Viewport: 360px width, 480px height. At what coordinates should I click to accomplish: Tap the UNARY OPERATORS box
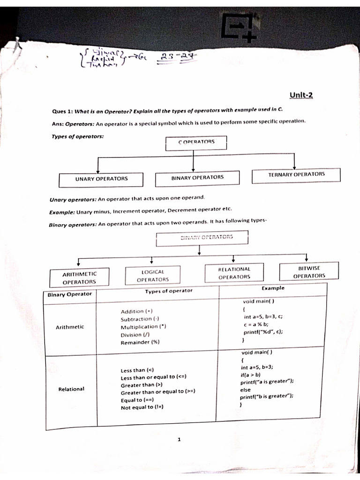click(101, 179)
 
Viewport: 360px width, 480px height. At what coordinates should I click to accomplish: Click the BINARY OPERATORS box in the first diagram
click(197, 177)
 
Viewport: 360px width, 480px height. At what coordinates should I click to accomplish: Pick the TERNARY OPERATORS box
click(296, 174)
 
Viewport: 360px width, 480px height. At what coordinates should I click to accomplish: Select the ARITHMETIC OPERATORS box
click(79, 277)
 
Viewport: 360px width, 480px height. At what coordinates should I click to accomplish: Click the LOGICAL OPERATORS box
click(152, 276)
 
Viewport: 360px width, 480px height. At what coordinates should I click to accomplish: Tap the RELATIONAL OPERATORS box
click(234, 273)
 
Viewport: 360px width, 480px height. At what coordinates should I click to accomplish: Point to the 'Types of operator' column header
click(169, 291)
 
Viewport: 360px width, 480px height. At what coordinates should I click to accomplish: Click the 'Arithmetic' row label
click(70, 327)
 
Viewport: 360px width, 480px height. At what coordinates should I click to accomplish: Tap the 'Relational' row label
click(71, 389)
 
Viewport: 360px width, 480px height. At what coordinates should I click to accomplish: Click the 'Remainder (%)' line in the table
click(140, 342)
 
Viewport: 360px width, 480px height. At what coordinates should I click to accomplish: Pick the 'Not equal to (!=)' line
click(143, 407)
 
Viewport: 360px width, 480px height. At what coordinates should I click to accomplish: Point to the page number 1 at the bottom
click(180, 440)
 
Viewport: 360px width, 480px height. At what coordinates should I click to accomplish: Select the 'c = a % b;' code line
click(256, 324)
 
